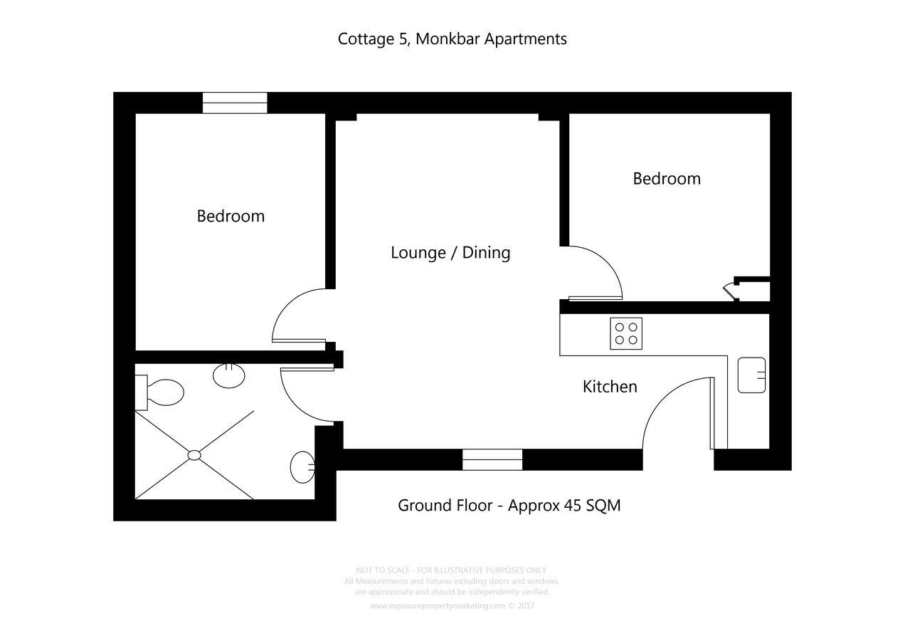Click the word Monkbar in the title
click(x=447, y=38)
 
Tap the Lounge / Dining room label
click(x=450, y=252)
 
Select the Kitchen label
click(x=610, y=387)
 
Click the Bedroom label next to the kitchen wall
click(x=667, y=178)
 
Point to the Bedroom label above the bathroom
click(x=231, y=216)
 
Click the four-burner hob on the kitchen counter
click(x=626, y=333)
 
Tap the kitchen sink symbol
click(x=751, y=375)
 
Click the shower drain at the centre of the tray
click(x=194, y=455)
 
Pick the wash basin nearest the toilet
click(x=229, y=375)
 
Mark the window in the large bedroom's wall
click(x=235, y=103)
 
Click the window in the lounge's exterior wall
click(x=492, y=459)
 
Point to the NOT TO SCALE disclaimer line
click(x=451, y=570)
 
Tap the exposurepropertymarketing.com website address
click(x=438, y=606)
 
